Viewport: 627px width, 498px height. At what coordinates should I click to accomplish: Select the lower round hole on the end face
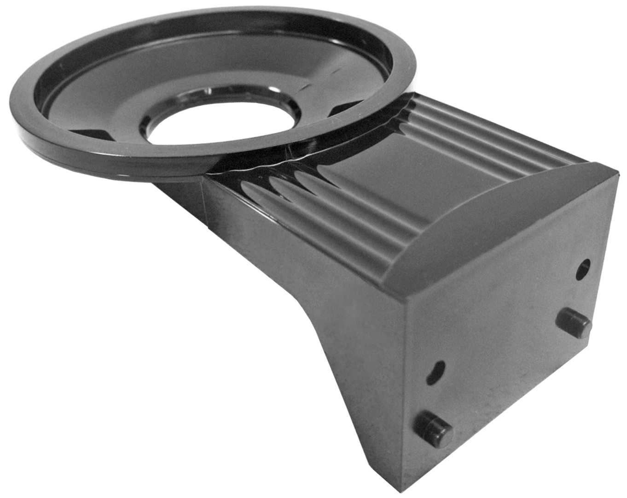(x=436, y=372)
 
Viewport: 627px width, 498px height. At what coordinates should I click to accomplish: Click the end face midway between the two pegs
(x=504, y=376)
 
